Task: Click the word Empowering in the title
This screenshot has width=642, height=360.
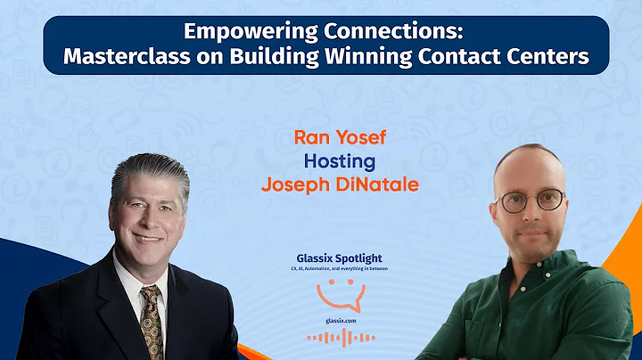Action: (235, 31)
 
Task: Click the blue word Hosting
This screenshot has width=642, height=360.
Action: (339, 162)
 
